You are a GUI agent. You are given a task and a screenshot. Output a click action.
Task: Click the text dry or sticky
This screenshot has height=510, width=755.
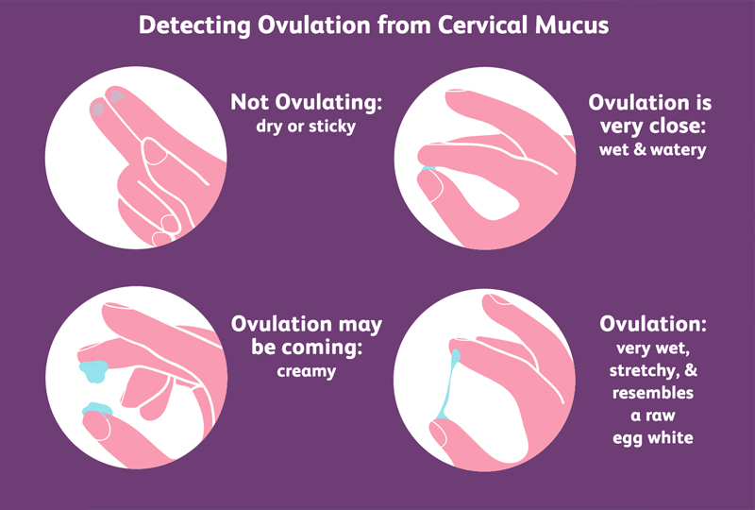point(307,126)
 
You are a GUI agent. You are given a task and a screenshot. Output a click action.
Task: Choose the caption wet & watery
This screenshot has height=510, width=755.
point(650,149)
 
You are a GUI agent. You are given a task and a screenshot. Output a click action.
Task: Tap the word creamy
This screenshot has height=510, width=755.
point(307,371)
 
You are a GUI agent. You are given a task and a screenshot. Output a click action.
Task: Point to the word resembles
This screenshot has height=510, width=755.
point(651,391)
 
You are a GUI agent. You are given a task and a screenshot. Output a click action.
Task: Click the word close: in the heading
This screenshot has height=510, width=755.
point(671,126)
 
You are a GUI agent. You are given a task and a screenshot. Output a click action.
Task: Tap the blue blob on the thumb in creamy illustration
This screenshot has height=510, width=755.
point(96,409)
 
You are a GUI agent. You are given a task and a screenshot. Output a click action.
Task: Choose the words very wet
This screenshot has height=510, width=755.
point(651,346)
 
